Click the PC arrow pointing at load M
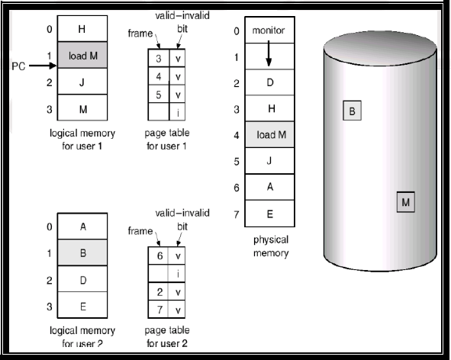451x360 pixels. pyautogui.click(x=43, y=66)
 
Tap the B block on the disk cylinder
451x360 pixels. pyautogui.click(x=352, y=111)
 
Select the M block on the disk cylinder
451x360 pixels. pyautogui.click(x=405, y=202)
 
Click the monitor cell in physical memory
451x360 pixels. pyautogui.click(x=269, y=31)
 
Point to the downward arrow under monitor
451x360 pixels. pyautogui.click(x=269, y=53)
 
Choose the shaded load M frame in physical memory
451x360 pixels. pyautogui.click(x=269, y=134)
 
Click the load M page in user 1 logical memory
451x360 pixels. pyautogui.click(x=82, y=55)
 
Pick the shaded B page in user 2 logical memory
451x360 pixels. pyautogui.click(x=82, y=252)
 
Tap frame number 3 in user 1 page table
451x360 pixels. pyautogui.click(x=159, y=59)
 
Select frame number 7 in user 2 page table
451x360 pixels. pyautogui.click(x=160, y=310)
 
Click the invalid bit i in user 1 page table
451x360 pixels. pyautogui.click(x=178, y=112)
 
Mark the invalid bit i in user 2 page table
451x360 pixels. pyautogui.click(x=178, y=274)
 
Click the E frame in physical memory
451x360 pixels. pyautogui.click(x=269, y=214)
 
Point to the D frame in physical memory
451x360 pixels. pyautogui.click(x=269, y=82)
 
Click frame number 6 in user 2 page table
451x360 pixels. pyautogui.click(x=160, y=256)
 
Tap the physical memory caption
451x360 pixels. pyautogui.click(x=271, y=246)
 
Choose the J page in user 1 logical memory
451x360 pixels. pyautogui.click(x=82, y=82)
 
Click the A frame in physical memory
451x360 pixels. pyautogui.click(x=269, y=187)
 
